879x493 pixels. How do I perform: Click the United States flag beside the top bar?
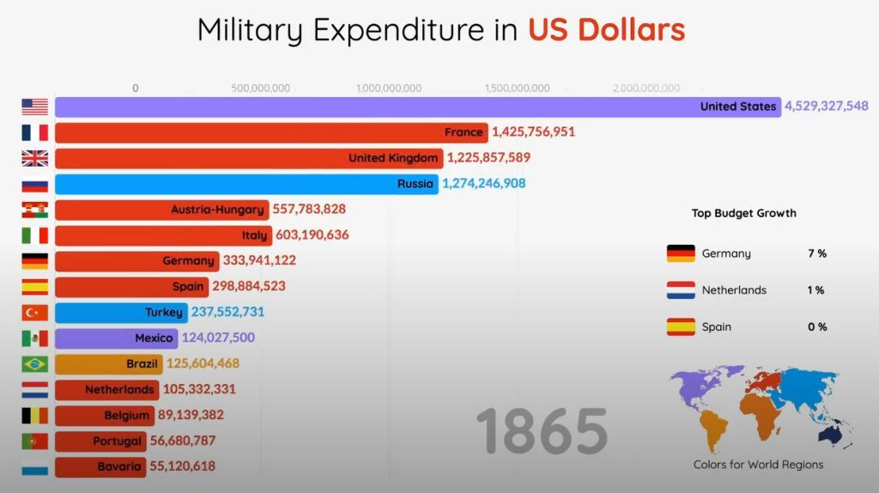pyautogui.click(x=35, y=107)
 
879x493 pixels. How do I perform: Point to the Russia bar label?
pyautogui.click(x=415, y=184)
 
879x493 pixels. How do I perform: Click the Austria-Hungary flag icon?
pyautogui.click(x=35, y=210)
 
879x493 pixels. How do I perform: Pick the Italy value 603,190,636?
pyautogui.click(x=312, y=235)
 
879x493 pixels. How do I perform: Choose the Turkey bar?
pyautogui.click(x=120, y=313)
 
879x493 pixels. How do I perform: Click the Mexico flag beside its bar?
pyautogui.click(x=35, y=338)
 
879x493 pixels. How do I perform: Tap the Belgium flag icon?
pyautogui.click(x=35, y=416)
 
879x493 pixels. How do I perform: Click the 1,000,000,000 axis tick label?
pyautogui.click(x=388, y=88)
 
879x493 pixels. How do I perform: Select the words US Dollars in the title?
pyautogui.click(x=606, y=30)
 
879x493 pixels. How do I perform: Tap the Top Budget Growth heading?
pyautogui.click(x=743, y=213)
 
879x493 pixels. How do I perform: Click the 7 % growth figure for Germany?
pyautogui.click(x=816, y=253)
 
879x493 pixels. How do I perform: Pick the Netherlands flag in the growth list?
pyautogui.click(x=681, y=290)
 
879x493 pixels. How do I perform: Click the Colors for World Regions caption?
pyautogui.click(x=758, y=465)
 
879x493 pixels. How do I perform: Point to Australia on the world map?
pyautogui.click(x=831, y=435)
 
